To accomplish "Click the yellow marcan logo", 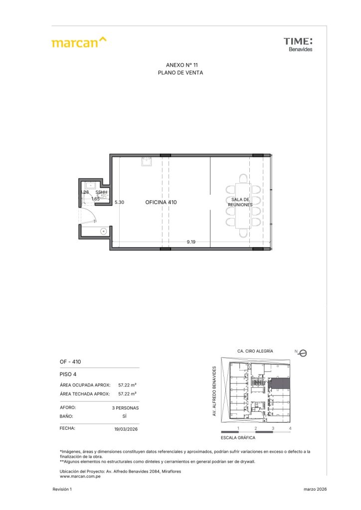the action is (x=79, y=42).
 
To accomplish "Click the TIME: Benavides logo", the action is (x=298, y=44).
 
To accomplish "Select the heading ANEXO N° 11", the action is (x=181, y=65).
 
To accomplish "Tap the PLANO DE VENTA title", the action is (x=180, y=73).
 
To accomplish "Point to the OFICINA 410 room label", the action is (x=161, y=202).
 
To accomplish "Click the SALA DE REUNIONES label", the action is (x=240, y=202).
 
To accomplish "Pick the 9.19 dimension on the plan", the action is (x=191, y=242).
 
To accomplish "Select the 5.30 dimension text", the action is (x=119, y=202).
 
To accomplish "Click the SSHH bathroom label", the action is (x=101, y=192).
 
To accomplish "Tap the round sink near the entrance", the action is (x=104, y=232).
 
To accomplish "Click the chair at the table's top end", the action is (x=243, y=179).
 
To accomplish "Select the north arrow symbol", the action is (x=302, y=353).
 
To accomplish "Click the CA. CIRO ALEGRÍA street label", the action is (x=255, y=351).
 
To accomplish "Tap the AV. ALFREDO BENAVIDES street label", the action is (x=214, y=391).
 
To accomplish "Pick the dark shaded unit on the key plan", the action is (x=281, y=383).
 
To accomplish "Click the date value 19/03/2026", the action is (x=126, y=429).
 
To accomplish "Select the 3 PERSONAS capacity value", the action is (x=125, y=408).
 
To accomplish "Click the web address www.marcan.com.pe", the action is (x=80, y=477).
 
